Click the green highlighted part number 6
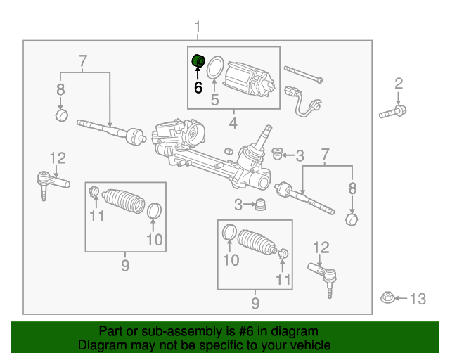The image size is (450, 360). pyautogui.click(x=198, y=61)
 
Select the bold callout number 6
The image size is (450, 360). pyautogui.click(x=198, y=88)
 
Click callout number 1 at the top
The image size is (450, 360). pyautogui.click(x=198, y=27)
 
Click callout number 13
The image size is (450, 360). pyautogui.click(x=418, y=300)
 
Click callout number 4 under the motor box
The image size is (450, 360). pyautogui.click(x=233, y=124)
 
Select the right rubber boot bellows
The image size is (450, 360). pyautogui.click(x=257, y=243)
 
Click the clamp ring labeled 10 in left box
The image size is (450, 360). pyautogui.click(x=154, y=210)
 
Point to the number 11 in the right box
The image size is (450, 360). pyautogui.click(x=283, y=280)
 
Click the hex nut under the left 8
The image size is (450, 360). pyautogui.click(x=61, y=114)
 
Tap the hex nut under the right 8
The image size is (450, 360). pyautogui.click(x=352, y=219)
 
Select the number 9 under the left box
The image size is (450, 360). pyautogui.click(x=125, y=265)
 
